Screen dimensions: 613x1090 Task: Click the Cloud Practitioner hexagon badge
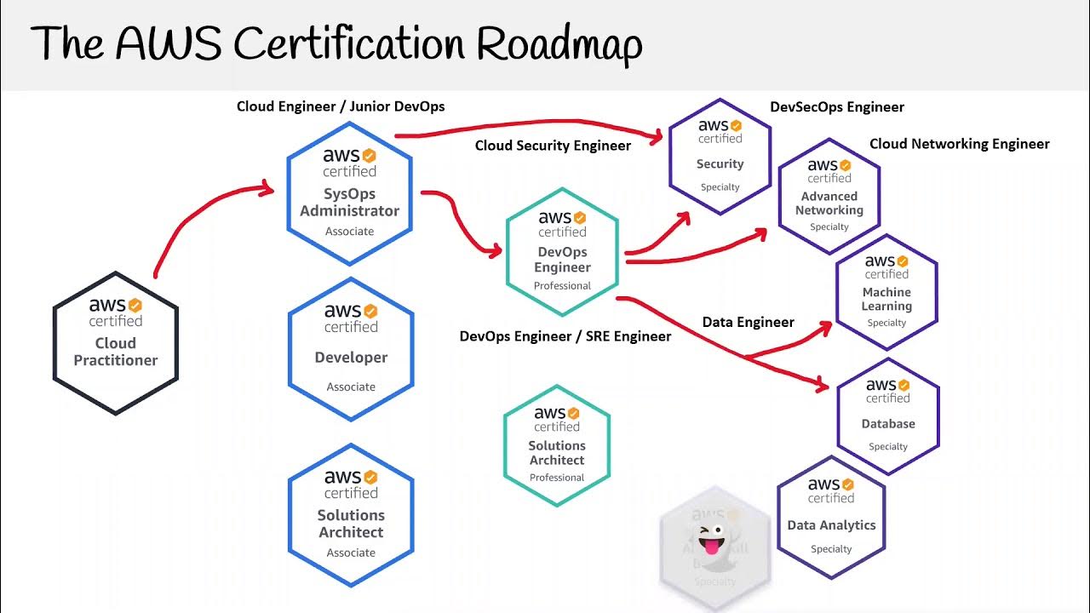click(x=116, y=343)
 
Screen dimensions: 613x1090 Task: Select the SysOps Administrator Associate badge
click(x=349, y=191)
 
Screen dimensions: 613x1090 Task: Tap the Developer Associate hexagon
click(x=351, y=349)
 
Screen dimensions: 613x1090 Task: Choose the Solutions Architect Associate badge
click(x=351, y=514)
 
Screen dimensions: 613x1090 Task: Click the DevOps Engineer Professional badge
click(x=562, y=253)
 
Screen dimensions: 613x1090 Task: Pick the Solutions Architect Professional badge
click(x=557, y=444)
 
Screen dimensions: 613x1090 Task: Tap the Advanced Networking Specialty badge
click(x=829, y=197)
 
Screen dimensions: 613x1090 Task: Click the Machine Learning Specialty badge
click(x=886, y=292)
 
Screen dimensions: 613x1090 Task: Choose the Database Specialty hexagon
click(x=888, y=416)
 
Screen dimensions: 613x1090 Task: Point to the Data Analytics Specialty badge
click(x=831, y=518)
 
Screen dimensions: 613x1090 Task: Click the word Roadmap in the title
click(x=559, y=45)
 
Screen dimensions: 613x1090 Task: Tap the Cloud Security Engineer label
click(x=553, y=146)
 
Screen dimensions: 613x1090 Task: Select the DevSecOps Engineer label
click(x=837, y=107)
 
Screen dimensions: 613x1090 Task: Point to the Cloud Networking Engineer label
click(x=959, y=144)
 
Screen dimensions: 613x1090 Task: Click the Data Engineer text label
click(x=748, y=322)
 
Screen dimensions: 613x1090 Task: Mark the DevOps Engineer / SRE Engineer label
click(x=565, y=336)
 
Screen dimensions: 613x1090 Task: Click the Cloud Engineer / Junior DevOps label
click(x=341, y=106)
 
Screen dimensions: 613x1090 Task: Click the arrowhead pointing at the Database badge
click(x=822, y=386)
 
